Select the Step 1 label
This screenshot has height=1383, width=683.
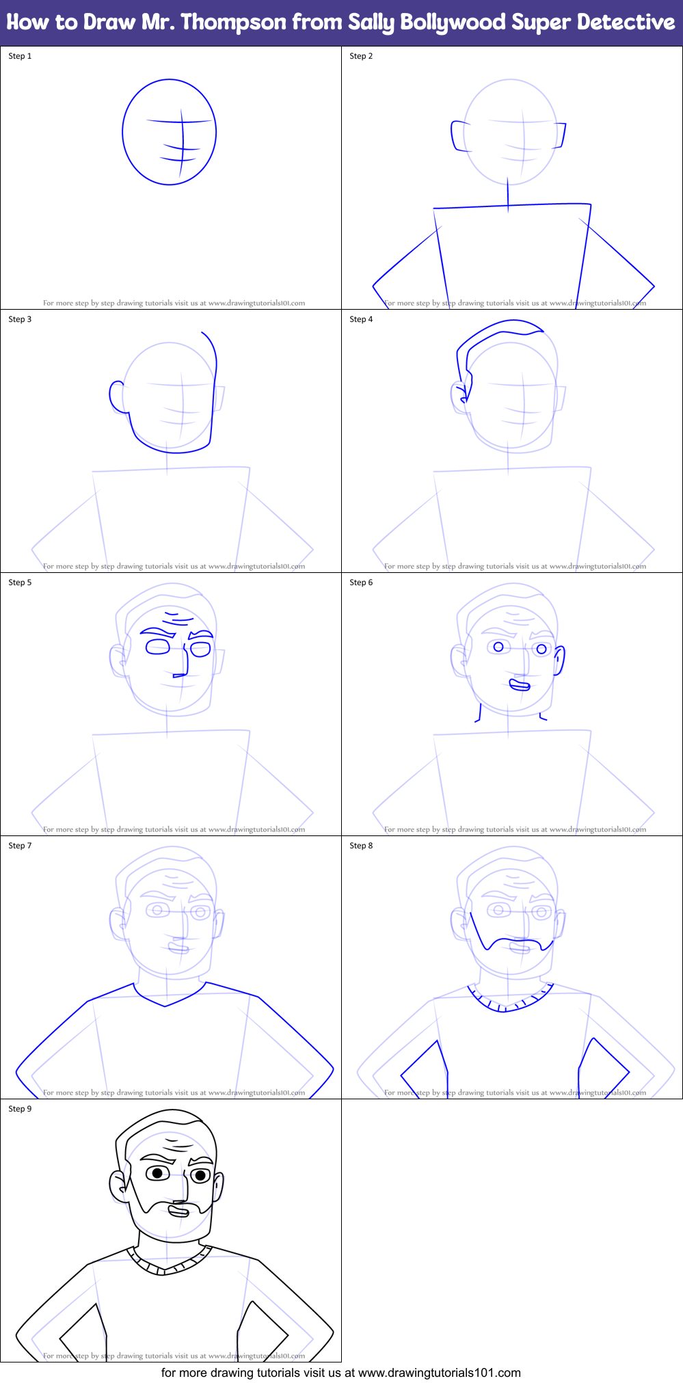(x=20, y=56)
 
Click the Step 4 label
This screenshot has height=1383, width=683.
(x=361, y=319)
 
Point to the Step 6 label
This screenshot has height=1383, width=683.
(x=361, y=582)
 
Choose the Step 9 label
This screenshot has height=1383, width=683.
(x=20, y=1109)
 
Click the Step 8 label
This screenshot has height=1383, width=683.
(x=361, y=846)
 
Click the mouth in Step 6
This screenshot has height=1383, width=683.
(x=520, y=684)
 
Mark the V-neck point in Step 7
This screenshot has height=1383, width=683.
(x=165, y=1006)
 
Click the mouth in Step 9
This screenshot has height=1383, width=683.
(x=178, y=1211)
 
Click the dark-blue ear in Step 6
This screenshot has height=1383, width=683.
(x=559, y=660)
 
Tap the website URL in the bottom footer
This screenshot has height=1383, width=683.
(x=439, y=1373)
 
